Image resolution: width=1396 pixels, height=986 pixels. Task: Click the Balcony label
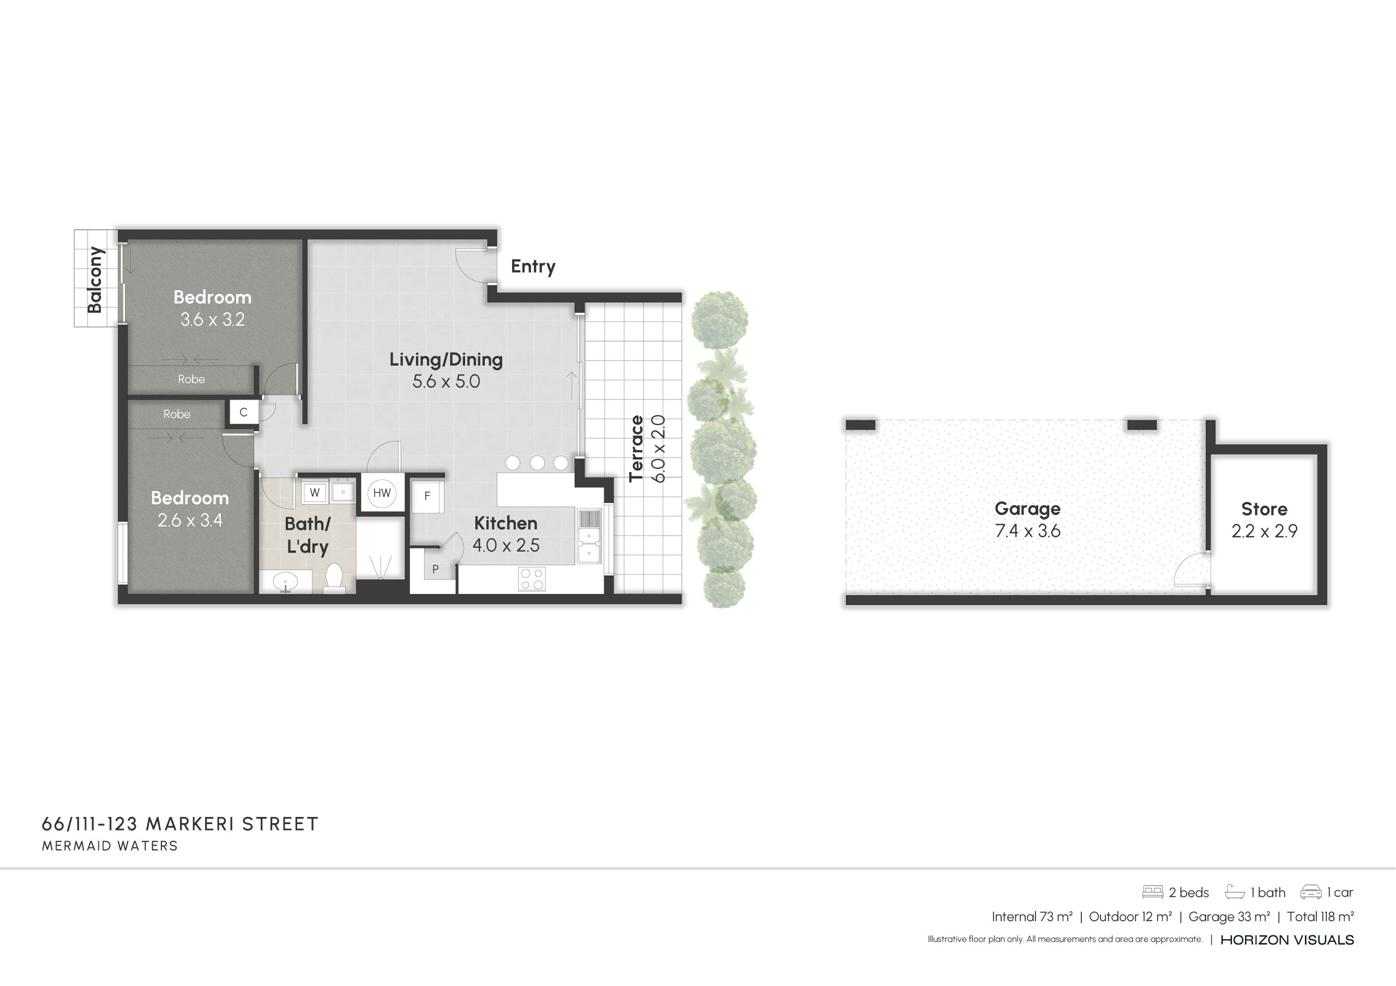tap(95, 280)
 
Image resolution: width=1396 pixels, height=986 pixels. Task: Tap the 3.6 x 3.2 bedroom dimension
tap(212, 320)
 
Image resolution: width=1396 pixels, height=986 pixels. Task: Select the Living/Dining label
tap(446, 359)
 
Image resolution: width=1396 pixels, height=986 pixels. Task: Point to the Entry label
tap(533, 266)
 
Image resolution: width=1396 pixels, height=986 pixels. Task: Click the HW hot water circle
tap(382, 493)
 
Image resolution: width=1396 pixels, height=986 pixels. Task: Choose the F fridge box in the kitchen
tap(427, 496)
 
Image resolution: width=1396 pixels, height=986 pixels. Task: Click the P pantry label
tap(435, 570)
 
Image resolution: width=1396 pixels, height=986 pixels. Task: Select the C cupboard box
tap(243, 413)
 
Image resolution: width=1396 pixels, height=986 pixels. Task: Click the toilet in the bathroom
tap(334, 578)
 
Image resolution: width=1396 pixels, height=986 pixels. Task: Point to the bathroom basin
tap(285, 582)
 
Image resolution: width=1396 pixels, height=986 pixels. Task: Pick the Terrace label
tap(636, 448)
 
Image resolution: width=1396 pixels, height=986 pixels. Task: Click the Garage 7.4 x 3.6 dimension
tap(1027, 531)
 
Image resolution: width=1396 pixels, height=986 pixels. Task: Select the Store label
tap(1264, 509)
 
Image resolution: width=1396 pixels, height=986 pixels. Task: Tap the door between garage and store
tap(1190, 570)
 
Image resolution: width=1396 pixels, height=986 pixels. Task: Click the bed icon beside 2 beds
tap(1152, 892)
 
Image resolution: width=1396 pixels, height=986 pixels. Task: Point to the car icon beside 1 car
tap(1310, 892)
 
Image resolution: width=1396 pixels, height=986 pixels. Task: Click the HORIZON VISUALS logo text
tap(1287, 940)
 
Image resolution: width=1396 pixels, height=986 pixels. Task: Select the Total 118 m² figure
tap(1320, 917)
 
